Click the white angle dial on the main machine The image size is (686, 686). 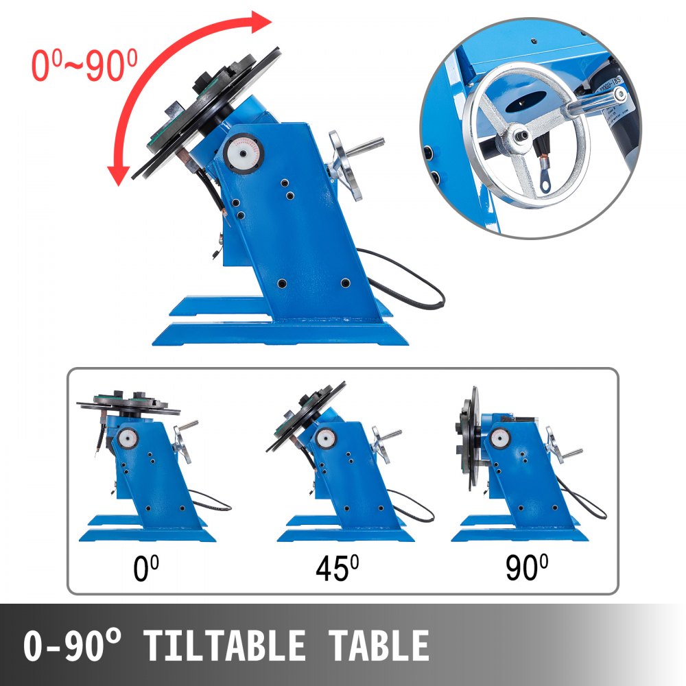click(243, 152)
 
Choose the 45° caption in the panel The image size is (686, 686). click(337, 569)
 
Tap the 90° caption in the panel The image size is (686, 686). click(528, 569)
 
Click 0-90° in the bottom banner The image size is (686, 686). click(75, 646)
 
